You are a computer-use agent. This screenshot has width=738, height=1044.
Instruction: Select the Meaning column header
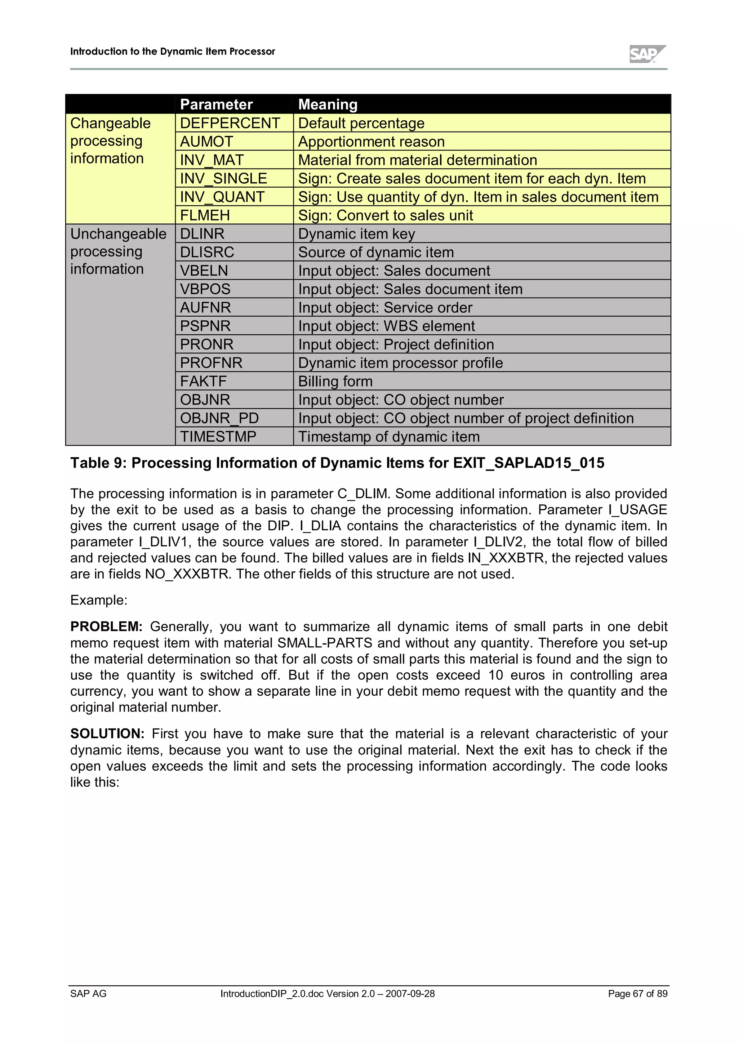click(x=328, y=104)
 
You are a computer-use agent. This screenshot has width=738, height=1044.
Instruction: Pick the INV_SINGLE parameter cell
click(x=223, y=179)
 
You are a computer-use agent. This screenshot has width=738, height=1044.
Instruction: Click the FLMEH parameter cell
click(x=205, y=215)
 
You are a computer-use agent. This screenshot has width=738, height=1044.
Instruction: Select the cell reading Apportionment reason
click(x=371, y=142)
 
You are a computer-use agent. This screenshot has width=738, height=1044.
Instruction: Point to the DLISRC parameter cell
click(x=207, y=253)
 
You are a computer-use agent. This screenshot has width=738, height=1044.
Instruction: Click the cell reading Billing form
click(x=335, y=382)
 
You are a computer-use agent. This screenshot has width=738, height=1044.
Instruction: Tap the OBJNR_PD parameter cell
click(x=219, y=418)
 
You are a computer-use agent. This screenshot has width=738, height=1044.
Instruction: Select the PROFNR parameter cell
click(x=211, y=363)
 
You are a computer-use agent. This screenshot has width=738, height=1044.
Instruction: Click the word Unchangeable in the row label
click(x=118, y=234)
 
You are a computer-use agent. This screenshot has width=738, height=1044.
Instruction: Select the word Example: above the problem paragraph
click(x=99, y=600)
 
